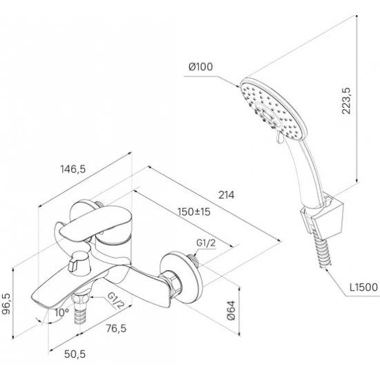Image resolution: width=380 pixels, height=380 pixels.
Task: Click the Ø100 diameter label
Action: tap(200, 66)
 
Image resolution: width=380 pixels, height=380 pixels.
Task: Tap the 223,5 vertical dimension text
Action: tap(346, 101)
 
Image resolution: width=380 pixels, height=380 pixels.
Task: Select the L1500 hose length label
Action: tap(363, 287)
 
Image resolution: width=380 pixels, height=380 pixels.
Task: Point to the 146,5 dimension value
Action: tap(73, 169)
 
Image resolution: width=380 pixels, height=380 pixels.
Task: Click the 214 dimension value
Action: tap(227, 195)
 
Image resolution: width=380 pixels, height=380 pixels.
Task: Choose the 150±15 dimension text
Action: tap(194, 212)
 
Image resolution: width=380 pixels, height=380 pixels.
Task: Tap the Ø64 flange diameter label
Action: tap(231, 310)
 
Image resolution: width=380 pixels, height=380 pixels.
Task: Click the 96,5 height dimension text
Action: tap(6, 304)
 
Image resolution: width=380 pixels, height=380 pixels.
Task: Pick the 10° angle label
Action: tap(61, 312)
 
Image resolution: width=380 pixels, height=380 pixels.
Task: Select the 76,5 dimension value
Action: tap(116, 328)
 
